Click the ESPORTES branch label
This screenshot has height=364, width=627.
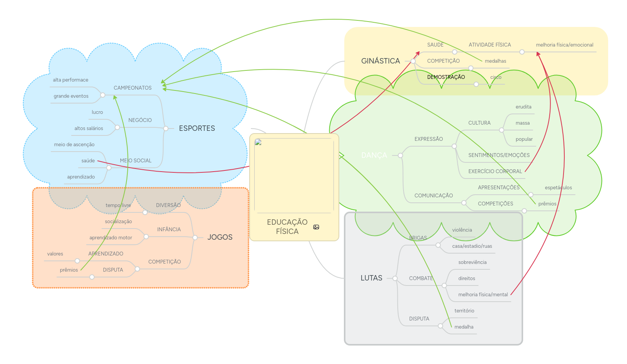(x=197, y=128)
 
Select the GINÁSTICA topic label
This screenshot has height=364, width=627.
(x=380, y=61)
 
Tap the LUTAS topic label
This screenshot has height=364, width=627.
(x=371, y=278)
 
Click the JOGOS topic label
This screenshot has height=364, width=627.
(x=220, y=237)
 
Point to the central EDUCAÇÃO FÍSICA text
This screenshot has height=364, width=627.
(x=287, y=227)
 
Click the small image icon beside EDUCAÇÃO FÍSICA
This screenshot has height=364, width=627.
(x=316, y=227)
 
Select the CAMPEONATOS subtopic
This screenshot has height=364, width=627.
(x=132, y=88)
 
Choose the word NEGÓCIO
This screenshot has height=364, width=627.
(x=140, y=120)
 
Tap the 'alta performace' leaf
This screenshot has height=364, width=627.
(x=70, y=80)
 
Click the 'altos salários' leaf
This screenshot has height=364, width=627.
(x=88, y=129)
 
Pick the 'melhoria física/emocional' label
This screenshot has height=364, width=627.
(x=564, y=45)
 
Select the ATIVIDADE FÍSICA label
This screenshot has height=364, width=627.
(x=490, y=45)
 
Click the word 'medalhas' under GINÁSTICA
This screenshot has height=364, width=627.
(x=495, y=61)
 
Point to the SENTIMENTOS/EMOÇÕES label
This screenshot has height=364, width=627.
(x=499, y=155)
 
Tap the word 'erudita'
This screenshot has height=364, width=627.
(x=524, y=107)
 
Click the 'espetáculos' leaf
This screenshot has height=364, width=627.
(x=558, y=188)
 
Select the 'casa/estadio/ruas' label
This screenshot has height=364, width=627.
(x=472, y=246)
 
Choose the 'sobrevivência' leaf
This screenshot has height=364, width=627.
(x=472, y=262)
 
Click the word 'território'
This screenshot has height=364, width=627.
(x=464, y=311)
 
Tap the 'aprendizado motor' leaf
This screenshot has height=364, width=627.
(x=111, y=238)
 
